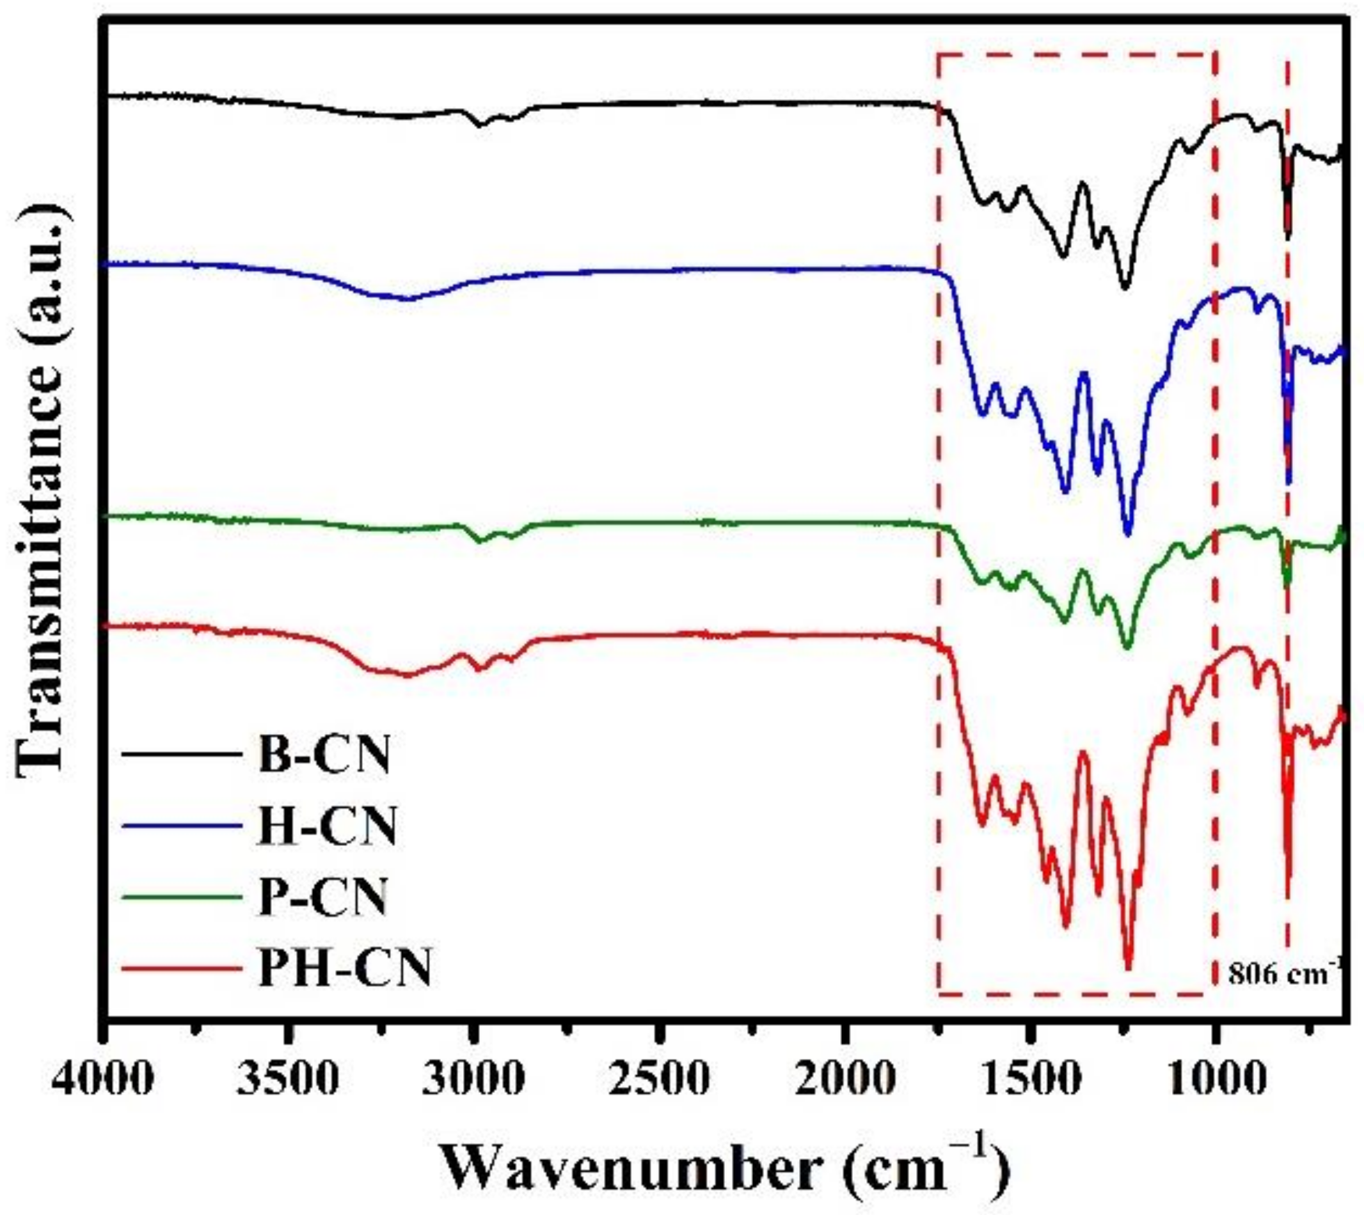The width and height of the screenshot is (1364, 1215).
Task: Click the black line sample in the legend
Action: click(182, 755)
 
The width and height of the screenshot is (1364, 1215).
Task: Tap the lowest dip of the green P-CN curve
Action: click(1127, 648)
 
